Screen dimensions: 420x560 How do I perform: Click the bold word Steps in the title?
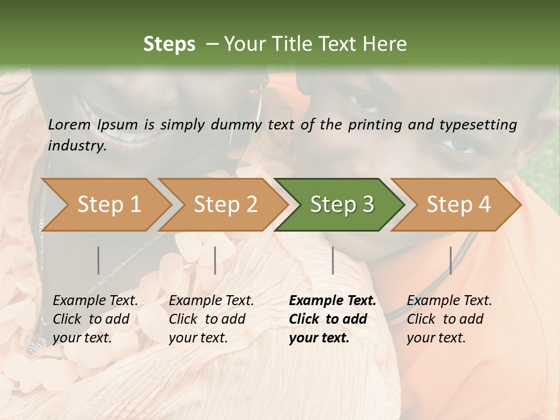click(169, 44)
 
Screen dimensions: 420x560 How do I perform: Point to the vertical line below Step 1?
click(99, 260)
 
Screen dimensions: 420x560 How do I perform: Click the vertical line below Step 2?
click(215, 260)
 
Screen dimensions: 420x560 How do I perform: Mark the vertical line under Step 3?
click(332, 260)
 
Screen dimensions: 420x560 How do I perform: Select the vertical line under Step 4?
click(450, 260)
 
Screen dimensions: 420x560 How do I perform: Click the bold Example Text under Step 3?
click(332, 301)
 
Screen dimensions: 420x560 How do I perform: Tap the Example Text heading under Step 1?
click(95, 301)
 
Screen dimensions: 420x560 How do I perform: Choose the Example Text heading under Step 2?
click(211, 301)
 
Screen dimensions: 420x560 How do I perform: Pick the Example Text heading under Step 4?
click(449, 301)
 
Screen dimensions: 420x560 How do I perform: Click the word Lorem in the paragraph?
click(69, 125)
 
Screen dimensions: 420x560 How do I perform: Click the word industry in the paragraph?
click(77, 146)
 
